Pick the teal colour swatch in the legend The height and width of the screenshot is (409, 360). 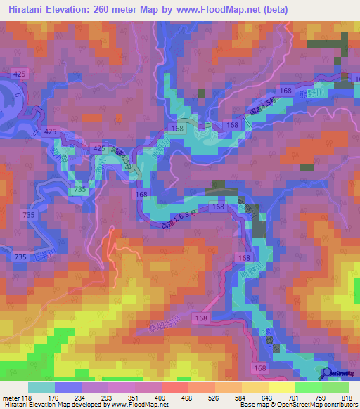click(41, 387)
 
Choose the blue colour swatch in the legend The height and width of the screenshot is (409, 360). click(68, 387)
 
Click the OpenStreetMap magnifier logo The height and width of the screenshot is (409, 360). click(326, 374)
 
